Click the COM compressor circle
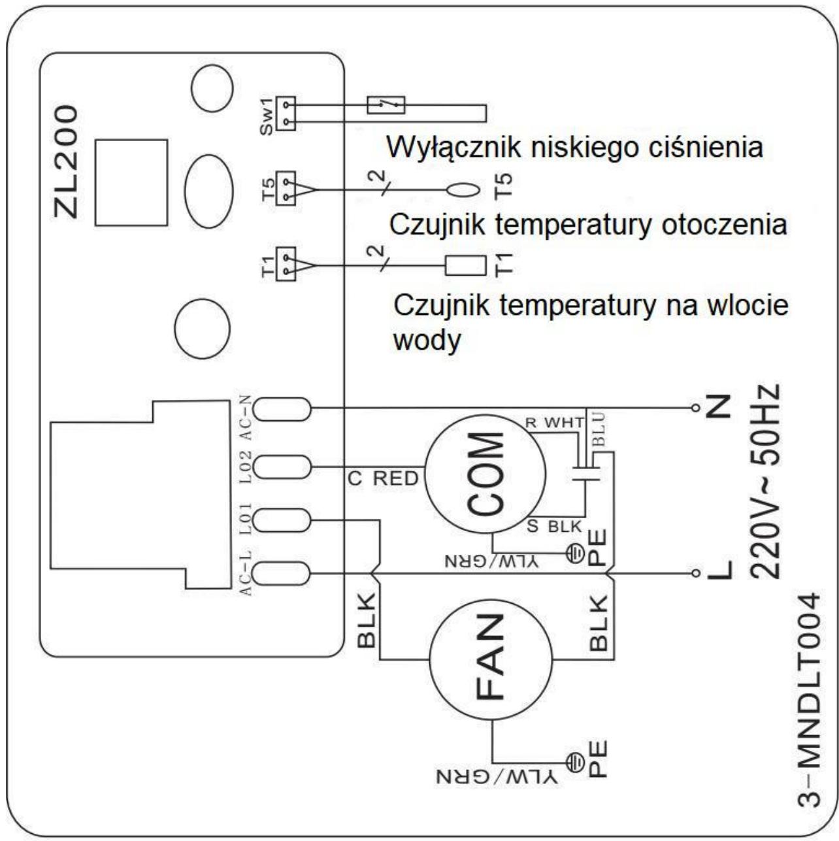click(x=485, y=474)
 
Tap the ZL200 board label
click(x=67, y=162)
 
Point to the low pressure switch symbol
click(x=386, y=105)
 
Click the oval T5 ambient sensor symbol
click(x=463, y=190)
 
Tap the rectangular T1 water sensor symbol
click(x=465, y=265)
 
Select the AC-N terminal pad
click(x=282, y=409)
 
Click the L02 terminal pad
click(x=282, y=467)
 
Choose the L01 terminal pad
click(x=282, y=520)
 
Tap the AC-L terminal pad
click(x=282, y=574)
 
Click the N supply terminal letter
click(x=719, y=407)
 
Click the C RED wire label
click(x=383, y=479)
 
